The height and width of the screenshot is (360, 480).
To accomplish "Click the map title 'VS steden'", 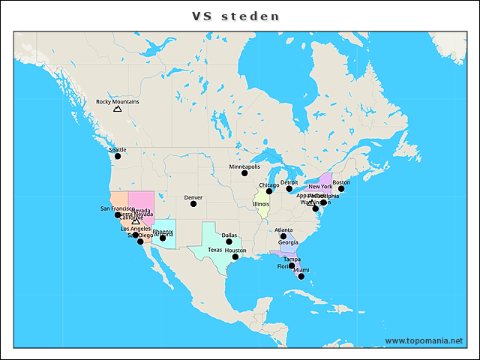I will pos(235,16).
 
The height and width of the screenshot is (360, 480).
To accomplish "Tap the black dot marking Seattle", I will pos(117,156).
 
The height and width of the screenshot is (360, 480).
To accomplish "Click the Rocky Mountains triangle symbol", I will pos(117,109).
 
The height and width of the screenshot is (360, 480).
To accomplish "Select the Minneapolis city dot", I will pos(244,173).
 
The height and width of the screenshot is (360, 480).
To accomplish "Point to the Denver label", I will pos(193,197).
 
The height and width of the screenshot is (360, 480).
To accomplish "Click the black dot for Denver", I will pos(193,204).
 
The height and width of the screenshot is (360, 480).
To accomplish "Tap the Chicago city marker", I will pos(269,191).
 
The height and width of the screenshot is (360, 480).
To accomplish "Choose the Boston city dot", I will pos(341,189).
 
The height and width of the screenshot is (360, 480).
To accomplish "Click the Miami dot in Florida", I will pos(301,277).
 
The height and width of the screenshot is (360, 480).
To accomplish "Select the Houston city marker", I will pos(235,257).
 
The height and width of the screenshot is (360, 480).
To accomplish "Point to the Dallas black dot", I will pos(229,241).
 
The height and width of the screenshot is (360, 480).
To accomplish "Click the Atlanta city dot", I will pos(283,236).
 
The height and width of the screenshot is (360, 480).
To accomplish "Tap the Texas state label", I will pos(214,250).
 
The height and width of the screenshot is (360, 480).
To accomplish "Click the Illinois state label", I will pos(261,204).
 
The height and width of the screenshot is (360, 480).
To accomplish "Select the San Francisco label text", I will pos(117,208).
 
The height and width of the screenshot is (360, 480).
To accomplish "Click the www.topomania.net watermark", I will pos(424,341).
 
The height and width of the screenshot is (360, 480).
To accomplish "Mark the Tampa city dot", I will pos(292,265).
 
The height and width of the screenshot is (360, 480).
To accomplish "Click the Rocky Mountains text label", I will pos(118,101).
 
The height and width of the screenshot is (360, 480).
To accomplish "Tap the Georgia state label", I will pos(288,242).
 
